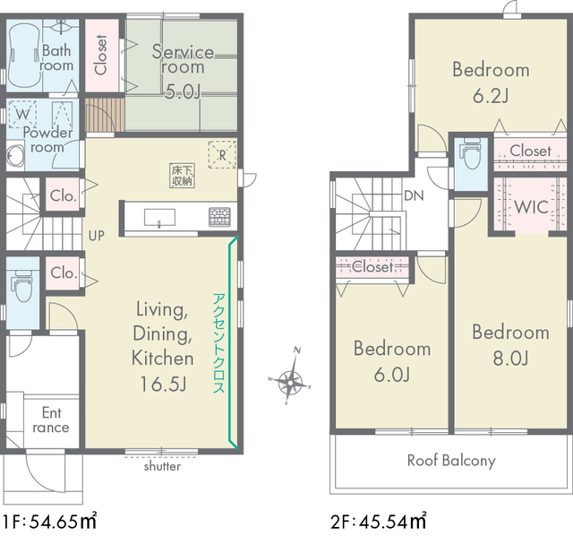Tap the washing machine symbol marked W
point(22,114)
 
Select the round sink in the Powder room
point(14,155)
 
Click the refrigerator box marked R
point(222,154)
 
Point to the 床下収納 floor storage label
point(182,176)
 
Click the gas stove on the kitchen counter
point(219,217)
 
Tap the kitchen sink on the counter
point(159,217)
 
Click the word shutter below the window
point(162,466)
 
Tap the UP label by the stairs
point(97,236)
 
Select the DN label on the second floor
point(414,195)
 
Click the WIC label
point(531,207)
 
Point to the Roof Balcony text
point(451,461)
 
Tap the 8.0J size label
point(511,358)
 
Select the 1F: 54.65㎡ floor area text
point(50,521)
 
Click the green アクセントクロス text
point(218,343)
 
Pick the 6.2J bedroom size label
point(491,96)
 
